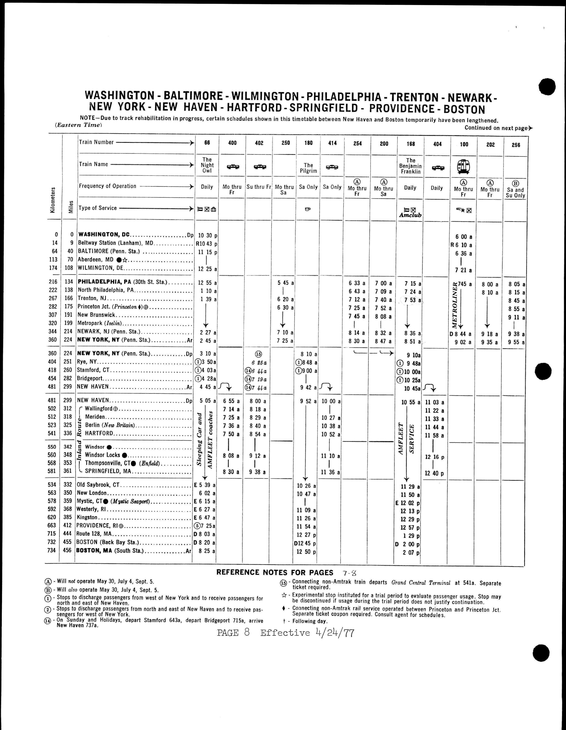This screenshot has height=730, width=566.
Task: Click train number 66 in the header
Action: click(x=207, y=143)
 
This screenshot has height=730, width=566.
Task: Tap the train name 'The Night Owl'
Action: click(x=207, y=165)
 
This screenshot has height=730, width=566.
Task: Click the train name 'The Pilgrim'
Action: click(x=308, y=168)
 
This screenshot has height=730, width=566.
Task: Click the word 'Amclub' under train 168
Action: click(x=410, y=215)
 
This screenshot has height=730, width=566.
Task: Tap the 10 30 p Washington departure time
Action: click(x=207, y=235)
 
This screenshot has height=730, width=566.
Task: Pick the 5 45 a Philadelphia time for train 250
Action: click(x=285, y=283)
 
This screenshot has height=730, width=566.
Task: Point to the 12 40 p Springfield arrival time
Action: click(x=434, y=473)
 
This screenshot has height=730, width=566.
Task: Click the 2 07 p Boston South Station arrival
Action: click(x=411, y=553)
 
